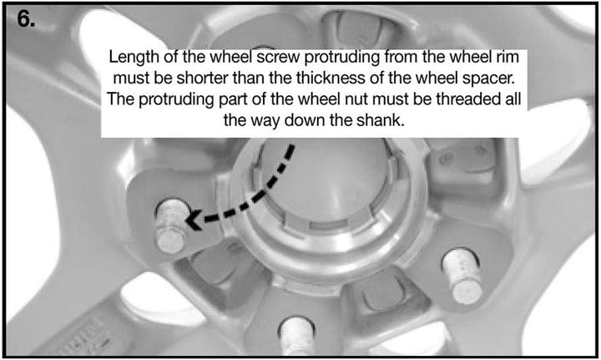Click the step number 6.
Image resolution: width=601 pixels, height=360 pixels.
26,18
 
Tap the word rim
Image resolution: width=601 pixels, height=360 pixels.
508,57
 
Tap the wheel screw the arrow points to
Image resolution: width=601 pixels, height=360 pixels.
171,226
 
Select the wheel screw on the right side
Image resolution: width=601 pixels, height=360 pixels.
462,275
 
